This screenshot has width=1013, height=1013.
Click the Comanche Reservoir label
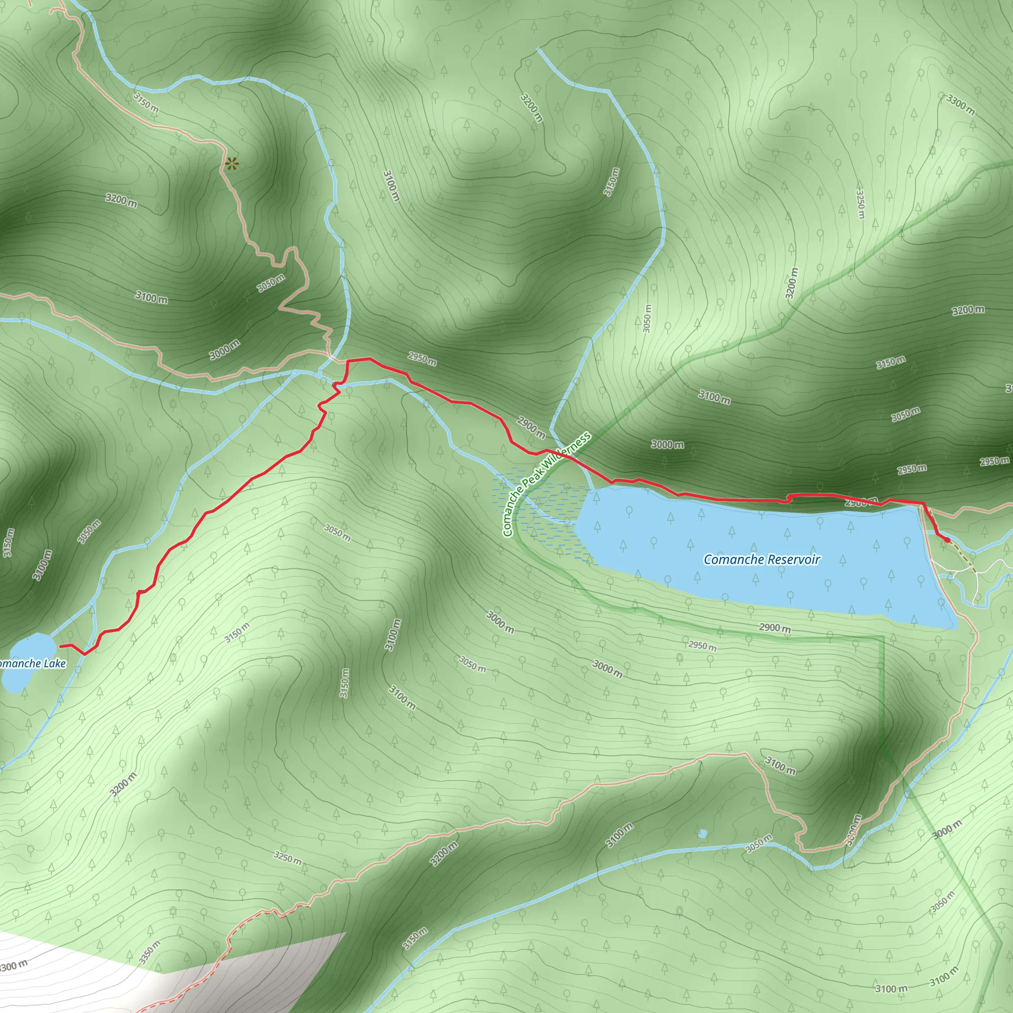pos(761,559)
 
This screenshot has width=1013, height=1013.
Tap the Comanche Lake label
pos(32,664)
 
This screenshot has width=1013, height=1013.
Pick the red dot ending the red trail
pos(947,540)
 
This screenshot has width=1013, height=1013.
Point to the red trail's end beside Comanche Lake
pos(62,646)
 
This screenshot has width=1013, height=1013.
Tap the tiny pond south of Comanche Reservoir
pos(702,833)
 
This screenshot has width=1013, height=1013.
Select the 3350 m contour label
pos(149,952)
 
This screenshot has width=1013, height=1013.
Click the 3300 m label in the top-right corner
pos(961,104)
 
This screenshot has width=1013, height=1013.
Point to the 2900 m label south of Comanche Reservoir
pos(775,628)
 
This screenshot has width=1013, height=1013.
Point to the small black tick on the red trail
pos(334,385)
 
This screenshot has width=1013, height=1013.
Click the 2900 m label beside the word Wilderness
pos(531,427)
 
